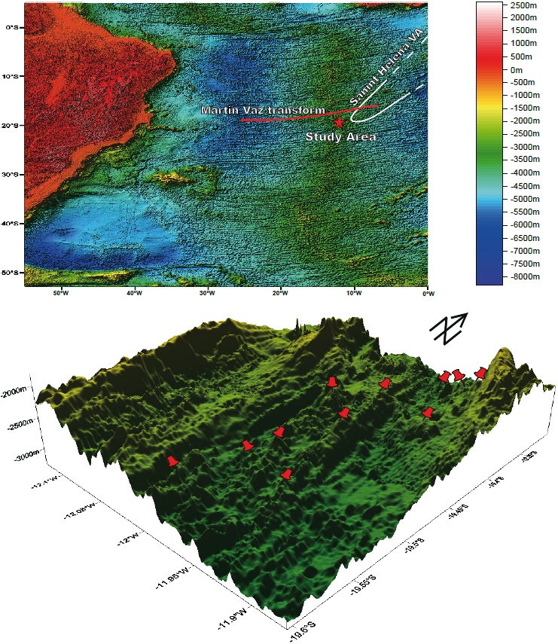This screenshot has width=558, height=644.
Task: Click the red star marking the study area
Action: coord(339,121)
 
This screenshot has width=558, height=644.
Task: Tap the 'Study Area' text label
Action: coord(340,137)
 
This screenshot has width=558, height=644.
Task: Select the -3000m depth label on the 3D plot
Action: coord(28,456)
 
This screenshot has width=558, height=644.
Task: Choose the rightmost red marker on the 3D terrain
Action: coord(480,372)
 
